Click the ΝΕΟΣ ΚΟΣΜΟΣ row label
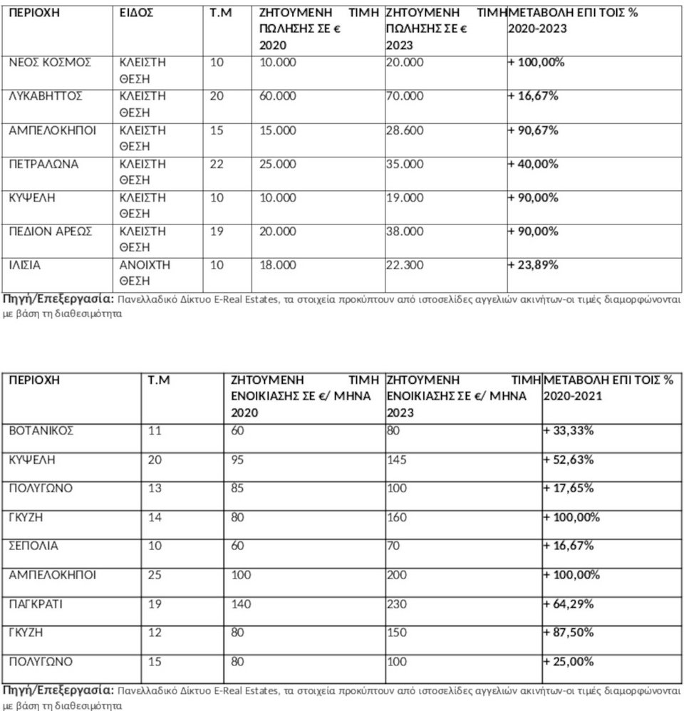point(50,63)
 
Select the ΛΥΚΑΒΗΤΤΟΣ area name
point(46,96)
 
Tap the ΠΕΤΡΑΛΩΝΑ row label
point(43,164)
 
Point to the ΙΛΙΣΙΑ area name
point(25,265)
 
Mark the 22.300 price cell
point(404,265)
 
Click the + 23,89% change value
point(533,265)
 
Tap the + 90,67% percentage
point(533,130)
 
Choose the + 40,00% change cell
point(533,164)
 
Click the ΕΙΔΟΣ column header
point(137,14)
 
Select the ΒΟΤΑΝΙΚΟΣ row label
point(41,430)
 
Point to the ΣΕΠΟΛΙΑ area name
point(33,546)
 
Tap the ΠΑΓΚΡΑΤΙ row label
point(36,604)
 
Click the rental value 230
point(397,604)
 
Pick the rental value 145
point(397,460)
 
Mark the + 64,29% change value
point(569,604)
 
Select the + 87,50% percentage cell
point(569,633)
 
